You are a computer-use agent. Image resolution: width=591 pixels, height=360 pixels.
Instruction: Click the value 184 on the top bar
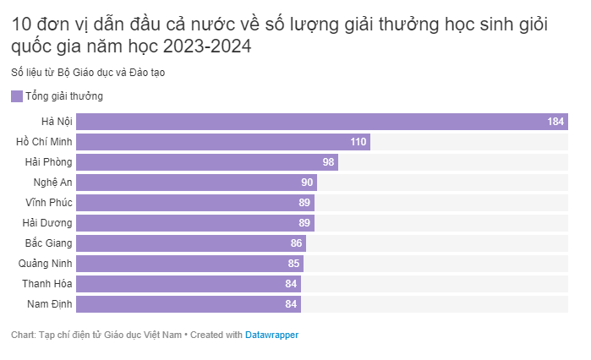555,122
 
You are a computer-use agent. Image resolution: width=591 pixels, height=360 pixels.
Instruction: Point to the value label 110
358,142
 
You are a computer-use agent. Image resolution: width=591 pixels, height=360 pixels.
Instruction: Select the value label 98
329,162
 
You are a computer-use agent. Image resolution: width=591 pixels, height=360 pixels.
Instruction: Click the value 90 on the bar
307,183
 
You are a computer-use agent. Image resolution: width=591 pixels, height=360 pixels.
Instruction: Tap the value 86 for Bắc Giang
296,243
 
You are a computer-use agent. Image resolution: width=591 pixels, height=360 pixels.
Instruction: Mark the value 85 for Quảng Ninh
293,264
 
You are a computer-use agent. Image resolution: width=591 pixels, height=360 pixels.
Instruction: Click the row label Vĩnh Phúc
49,203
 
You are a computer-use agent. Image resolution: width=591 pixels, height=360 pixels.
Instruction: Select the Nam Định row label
50,304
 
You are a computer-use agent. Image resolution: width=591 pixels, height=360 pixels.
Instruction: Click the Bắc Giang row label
49,243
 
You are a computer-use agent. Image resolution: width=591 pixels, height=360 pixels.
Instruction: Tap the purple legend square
17,96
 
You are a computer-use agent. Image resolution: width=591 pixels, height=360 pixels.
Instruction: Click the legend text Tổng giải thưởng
64,96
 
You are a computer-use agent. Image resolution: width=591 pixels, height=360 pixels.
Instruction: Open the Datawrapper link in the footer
271,335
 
